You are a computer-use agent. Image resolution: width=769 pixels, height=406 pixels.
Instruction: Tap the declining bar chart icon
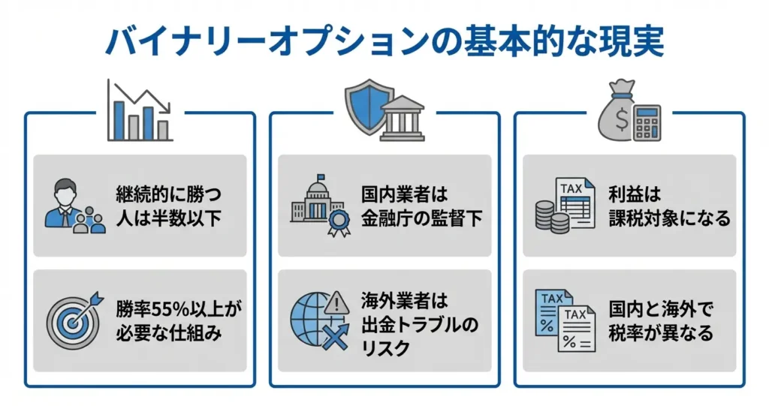(140, 113)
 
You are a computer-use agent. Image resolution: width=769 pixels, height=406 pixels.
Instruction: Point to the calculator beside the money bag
(646, 122)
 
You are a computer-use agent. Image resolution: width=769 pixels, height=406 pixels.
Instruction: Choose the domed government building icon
(314, 201)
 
